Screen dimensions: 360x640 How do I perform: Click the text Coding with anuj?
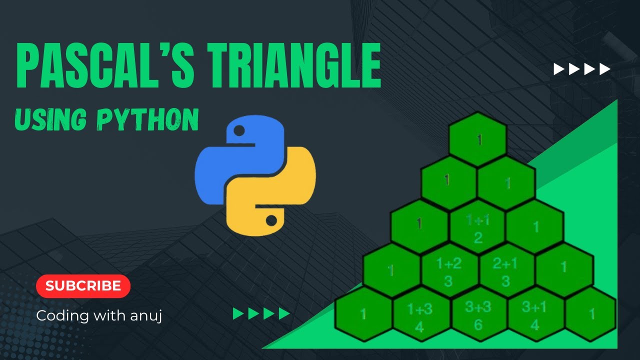99,315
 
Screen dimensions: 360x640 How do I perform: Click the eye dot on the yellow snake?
271,219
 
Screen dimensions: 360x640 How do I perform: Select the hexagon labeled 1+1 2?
478,227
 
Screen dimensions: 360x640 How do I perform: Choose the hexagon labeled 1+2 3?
448,271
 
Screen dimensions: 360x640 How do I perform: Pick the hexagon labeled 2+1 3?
506,271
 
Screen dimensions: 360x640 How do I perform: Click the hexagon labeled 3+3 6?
478,315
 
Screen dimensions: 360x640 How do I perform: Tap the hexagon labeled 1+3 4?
420,315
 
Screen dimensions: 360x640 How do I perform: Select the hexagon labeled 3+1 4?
535,315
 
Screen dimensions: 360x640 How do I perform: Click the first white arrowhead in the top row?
559,69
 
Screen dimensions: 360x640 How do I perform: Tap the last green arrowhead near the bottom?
284,314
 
